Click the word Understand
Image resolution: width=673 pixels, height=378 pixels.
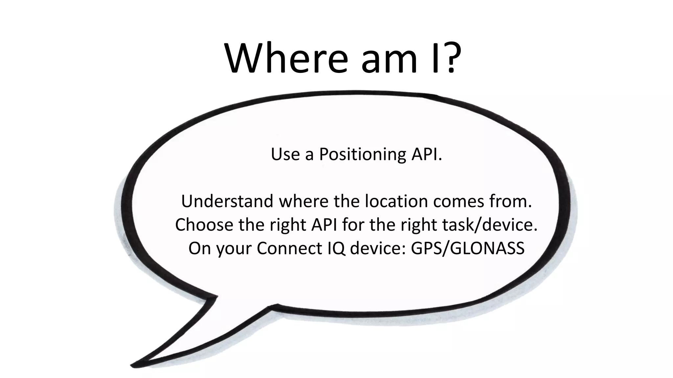227,201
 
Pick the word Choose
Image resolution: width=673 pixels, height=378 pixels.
204,225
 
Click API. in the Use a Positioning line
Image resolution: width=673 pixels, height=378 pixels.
426,154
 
